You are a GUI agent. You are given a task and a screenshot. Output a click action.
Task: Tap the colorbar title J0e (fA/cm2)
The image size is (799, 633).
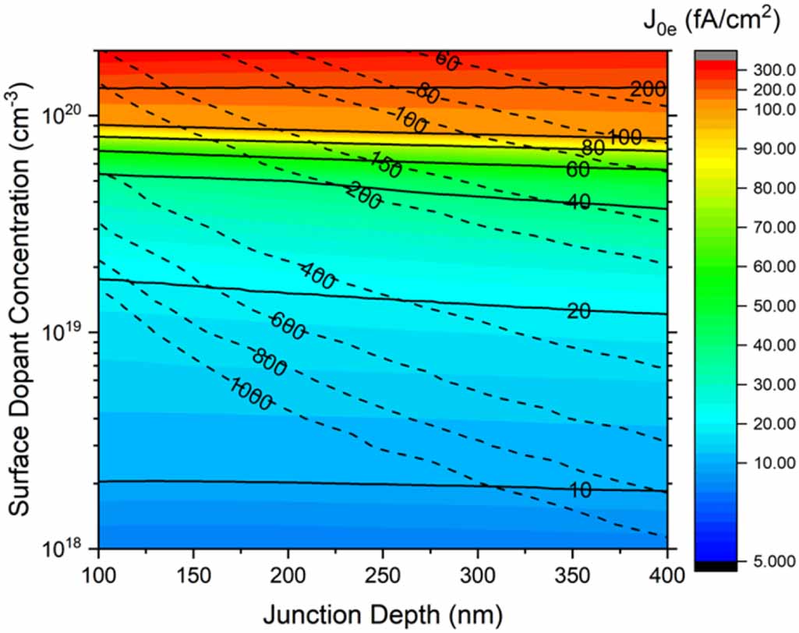[x=724, y=22]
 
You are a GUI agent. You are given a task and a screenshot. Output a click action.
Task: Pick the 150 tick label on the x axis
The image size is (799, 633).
[x=193, y=577]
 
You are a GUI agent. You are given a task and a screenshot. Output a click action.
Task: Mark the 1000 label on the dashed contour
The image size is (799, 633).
[x=251, y=394]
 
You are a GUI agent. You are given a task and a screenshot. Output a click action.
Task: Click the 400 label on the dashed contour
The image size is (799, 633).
[x=317, y=277]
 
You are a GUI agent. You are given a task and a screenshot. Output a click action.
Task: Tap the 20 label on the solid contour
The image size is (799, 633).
[x=578, y=311]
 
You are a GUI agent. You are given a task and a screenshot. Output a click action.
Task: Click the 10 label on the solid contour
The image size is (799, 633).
[x=578, y=490]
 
